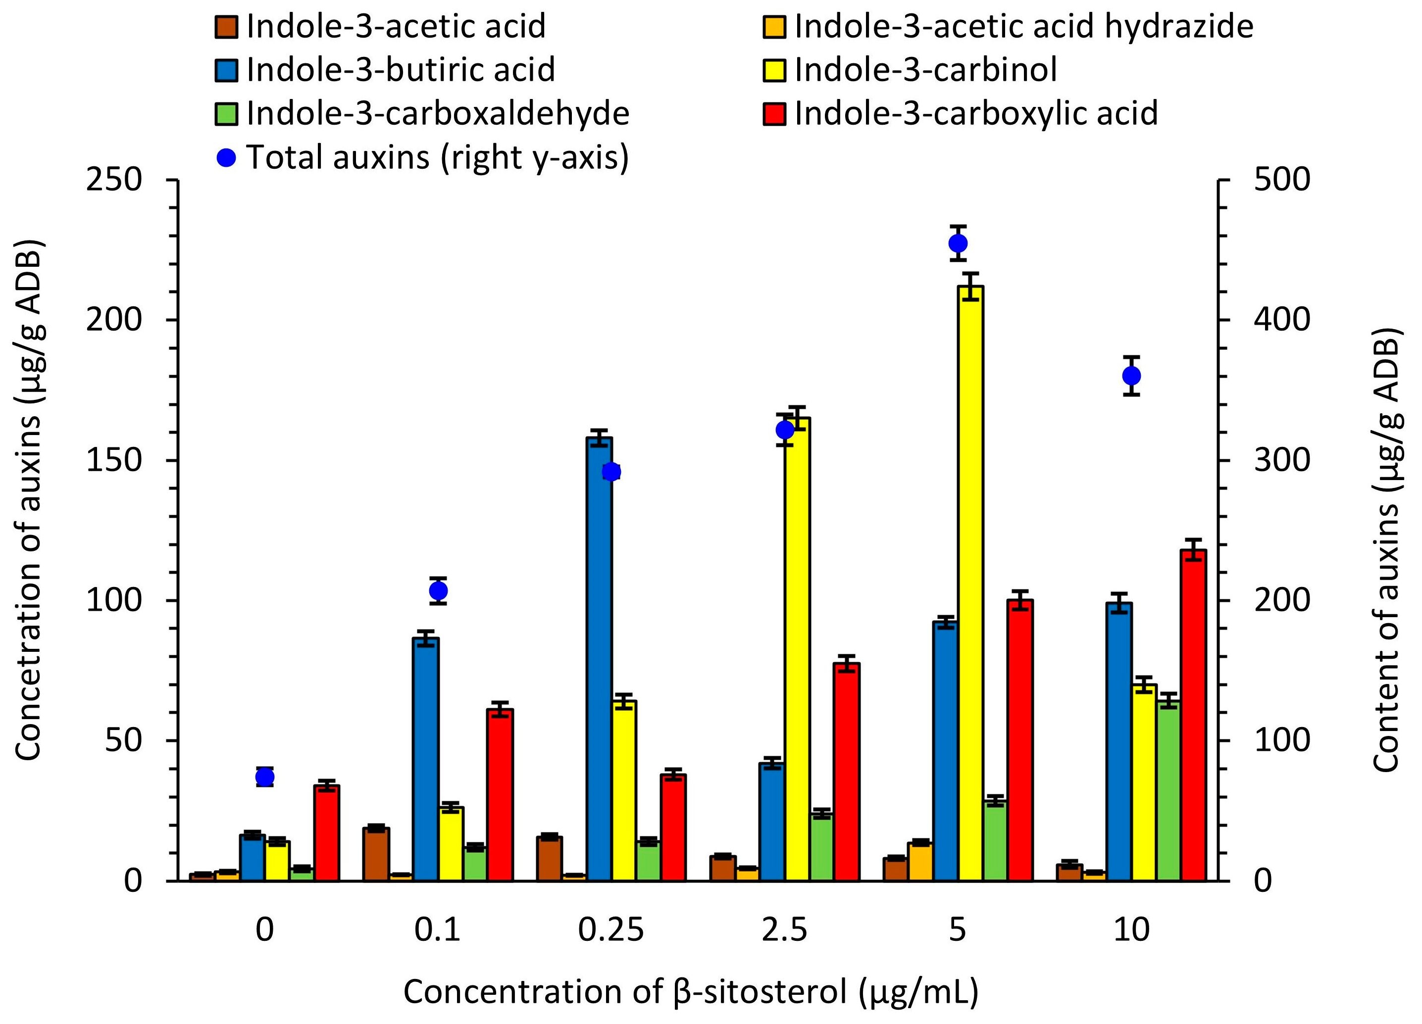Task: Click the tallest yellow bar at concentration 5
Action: [970, 583]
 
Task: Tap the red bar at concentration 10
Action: [1193, 714]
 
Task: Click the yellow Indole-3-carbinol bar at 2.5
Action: [797, 649]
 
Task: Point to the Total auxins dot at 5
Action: [958, 243]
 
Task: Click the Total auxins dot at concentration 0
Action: [265, 777]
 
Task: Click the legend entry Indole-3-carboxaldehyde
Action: [437, 113]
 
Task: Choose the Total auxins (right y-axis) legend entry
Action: [437, 157]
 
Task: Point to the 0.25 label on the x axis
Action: [610, 930]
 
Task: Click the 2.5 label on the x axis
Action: [784, 930]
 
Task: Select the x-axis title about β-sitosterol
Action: [690, 992]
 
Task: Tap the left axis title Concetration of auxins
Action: [28, 499]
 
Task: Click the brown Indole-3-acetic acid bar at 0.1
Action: [376, 854]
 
